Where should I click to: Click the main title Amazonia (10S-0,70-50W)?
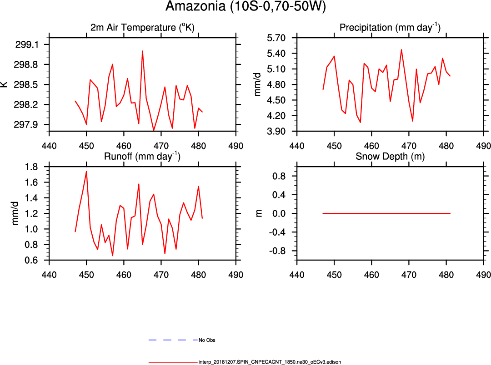coord(245,7)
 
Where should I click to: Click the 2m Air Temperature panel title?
coord(142,28)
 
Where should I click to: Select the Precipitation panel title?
coord(390,28)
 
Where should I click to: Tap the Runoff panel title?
coord(142,157)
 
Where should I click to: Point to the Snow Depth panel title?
coord(390,157)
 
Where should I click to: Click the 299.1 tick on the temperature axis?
coord(27,44)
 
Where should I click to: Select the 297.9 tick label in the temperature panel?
coord(27,124)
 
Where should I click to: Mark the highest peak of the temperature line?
coord(142,51)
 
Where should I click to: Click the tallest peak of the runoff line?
coord(86,171)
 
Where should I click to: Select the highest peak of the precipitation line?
coord(401,49)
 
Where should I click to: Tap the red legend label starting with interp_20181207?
coord(270,362)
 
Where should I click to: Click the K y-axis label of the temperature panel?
coord(4,84)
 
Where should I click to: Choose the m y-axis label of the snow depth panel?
coord(259,213)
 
